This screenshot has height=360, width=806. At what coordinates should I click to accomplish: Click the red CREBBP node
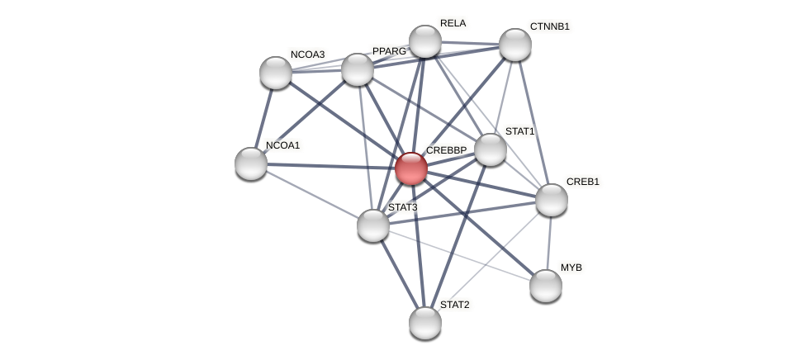pos(410,168)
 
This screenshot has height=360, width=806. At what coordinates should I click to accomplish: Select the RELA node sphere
pos(425,41)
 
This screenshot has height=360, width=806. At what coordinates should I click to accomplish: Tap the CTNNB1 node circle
pos(514,45)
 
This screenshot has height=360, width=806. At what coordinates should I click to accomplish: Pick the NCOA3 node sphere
pos(276,73)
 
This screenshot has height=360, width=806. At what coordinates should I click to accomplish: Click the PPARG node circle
pos(358,69)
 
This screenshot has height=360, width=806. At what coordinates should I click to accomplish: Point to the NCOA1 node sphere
pos(251,163)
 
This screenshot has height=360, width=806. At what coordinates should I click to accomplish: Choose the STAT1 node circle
pos(490,149)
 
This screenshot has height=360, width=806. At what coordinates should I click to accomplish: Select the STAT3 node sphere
pos(373,225)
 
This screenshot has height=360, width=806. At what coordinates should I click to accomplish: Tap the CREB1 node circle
pos(551,200)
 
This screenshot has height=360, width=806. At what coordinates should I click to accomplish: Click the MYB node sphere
pos(545,286)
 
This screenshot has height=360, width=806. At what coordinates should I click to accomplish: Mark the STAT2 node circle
pos(425,323)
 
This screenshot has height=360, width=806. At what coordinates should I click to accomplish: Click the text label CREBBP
pos(446,150)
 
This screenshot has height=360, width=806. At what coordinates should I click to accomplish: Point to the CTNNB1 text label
pos(549,26)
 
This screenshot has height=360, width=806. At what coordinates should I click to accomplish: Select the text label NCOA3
pos(307,54)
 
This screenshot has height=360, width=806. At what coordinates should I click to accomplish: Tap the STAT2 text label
pos(454,305)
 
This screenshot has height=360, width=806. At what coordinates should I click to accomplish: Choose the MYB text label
pos(571,268)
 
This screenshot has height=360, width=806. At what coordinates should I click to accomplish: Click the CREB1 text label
pos(582,182)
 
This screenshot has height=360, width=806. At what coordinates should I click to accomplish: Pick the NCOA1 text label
pos(282,145)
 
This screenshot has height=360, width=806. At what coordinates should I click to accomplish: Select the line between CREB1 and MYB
pos(548,243)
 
